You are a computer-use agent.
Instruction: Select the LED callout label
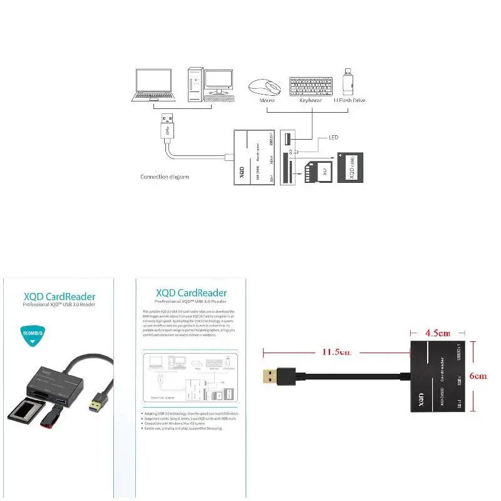click(x=334, y=138)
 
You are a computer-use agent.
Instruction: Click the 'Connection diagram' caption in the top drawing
click(x=164, y=177)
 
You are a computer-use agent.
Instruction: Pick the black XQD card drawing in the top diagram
click(x=349, y=167)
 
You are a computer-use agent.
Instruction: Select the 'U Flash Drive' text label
click(x=351, y=100)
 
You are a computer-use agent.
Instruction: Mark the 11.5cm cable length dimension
click(x=336, y=352)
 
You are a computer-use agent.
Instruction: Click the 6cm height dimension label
click(x=479, y=376)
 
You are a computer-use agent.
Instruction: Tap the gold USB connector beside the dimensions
click(x=273, y=376)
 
